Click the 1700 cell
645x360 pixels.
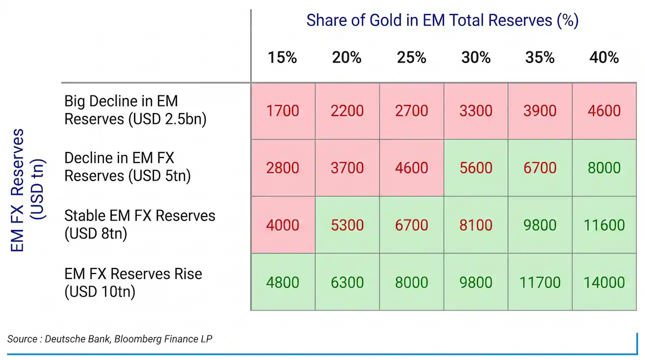point(283,111)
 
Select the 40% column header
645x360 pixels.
point(604,57)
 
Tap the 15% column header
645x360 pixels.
point(282,57)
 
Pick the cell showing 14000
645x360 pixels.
point(604,282)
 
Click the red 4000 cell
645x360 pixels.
point(283,225)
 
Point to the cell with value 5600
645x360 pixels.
point(475,168)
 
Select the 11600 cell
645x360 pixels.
point(604,225)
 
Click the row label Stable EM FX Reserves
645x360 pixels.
point(139,224)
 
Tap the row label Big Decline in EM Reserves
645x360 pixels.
point(135,110)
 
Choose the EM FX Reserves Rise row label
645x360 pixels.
point(133,282)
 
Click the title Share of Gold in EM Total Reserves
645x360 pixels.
point(442,20)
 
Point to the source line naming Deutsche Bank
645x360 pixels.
point(109,339)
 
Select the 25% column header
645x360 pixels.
point(411,57)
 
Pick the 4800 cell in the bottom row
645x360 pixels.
point(283,282)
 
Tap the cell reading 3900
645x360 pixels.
point(540,111)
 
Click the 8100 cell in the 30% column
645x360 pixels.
point(475,225)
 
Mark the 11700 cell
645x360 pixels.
point(540,282)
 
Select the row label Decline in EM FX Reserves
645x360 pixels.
point(127,167)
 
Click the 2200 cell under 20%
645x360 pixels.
point(347,111)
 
